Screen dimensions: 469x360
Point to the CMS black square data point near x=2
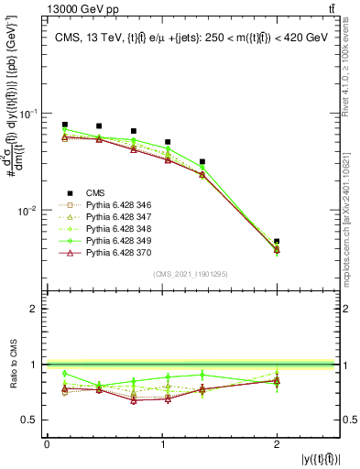point(277,242)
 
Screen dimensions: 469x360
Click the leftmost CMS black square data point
point(65,125)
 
